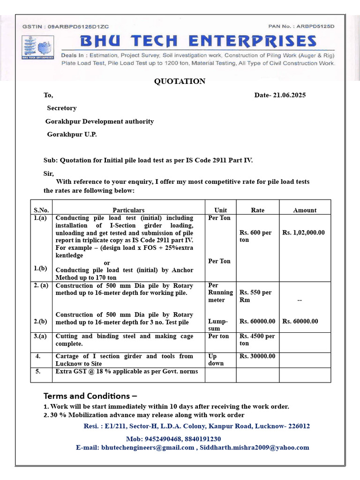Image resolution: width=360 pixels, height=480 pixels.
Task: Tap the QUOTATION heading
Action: tap(180, 82)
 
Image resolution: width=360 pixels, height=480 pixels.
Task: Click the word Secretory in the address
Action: tap(61, 108)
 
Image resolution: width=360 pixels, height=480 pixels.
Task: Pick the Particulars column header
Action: tap(128, 210)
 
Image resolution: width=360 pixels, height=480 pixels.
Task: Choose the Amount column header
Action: tap(305, 210)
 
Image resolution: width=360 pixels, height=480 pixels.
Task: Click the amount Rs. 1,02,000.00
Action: tap(304, 232)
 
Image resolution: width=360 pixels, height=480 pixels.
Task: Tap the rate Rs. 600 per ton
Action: tap(255, 236)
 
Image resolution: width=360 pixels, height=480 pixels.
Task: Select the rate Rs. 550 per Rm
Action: tap(255, 296)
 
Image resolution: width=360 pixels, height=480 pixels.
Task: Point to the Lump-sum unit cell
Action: tap(218, 325)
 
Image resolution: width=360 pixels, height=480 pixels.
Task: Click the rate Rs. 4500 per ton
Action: tap(257, 340)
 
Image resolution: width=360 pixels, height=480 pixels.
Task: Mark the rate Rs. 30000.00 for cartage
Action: tap(257, 356)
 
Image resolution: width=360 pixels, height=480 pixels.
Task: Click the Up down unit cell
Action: tap(216, 360)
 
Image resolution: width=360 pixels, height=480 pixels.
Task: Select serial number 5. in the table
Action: tap(38, 371)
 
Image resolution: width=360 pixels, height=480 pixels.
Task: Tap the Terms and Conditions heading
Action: tap(90, 396)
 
